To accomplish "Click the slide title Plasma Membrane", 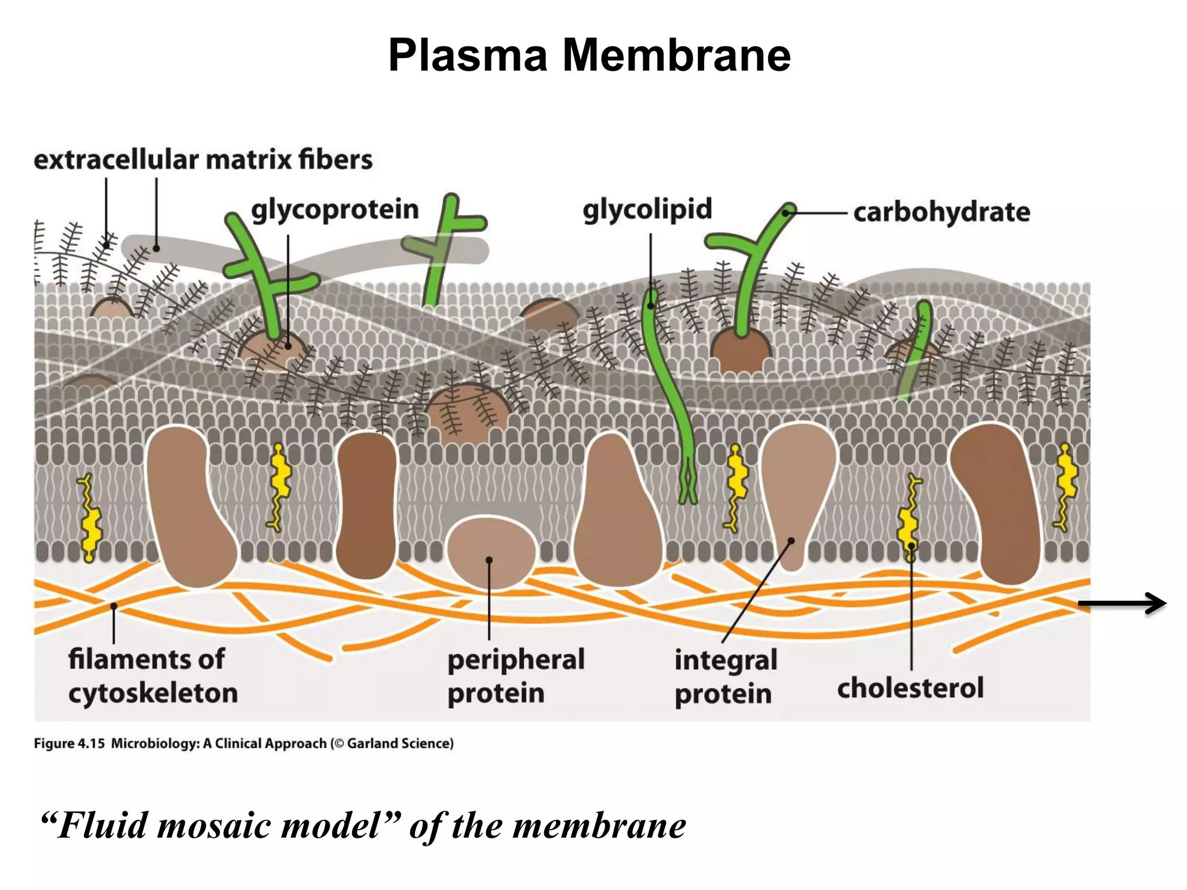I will [589, 55].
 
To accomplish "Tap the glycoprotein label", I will [334, 210].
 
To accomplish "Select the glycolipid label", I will [647, 209].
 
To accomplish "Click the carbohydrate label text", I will [941, 213].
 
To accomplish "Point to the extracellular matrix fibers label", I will [203, 160].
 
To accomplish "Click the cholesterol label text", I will [910, 688].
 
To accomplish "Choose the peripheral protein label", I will [515, 676].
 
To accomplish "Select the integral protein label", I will [725, 677].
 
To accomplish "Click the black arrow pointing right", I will [1122, 603].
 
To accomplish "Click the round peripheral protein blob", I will [491, 550].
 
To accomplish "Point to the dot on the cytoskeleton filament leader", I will [114, 606].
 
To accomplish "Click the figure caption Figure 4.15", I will [69, 743].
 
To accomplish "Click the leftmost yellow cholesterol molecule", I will [89, 517].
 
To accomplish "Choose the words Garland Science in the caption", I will [399, 743].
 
